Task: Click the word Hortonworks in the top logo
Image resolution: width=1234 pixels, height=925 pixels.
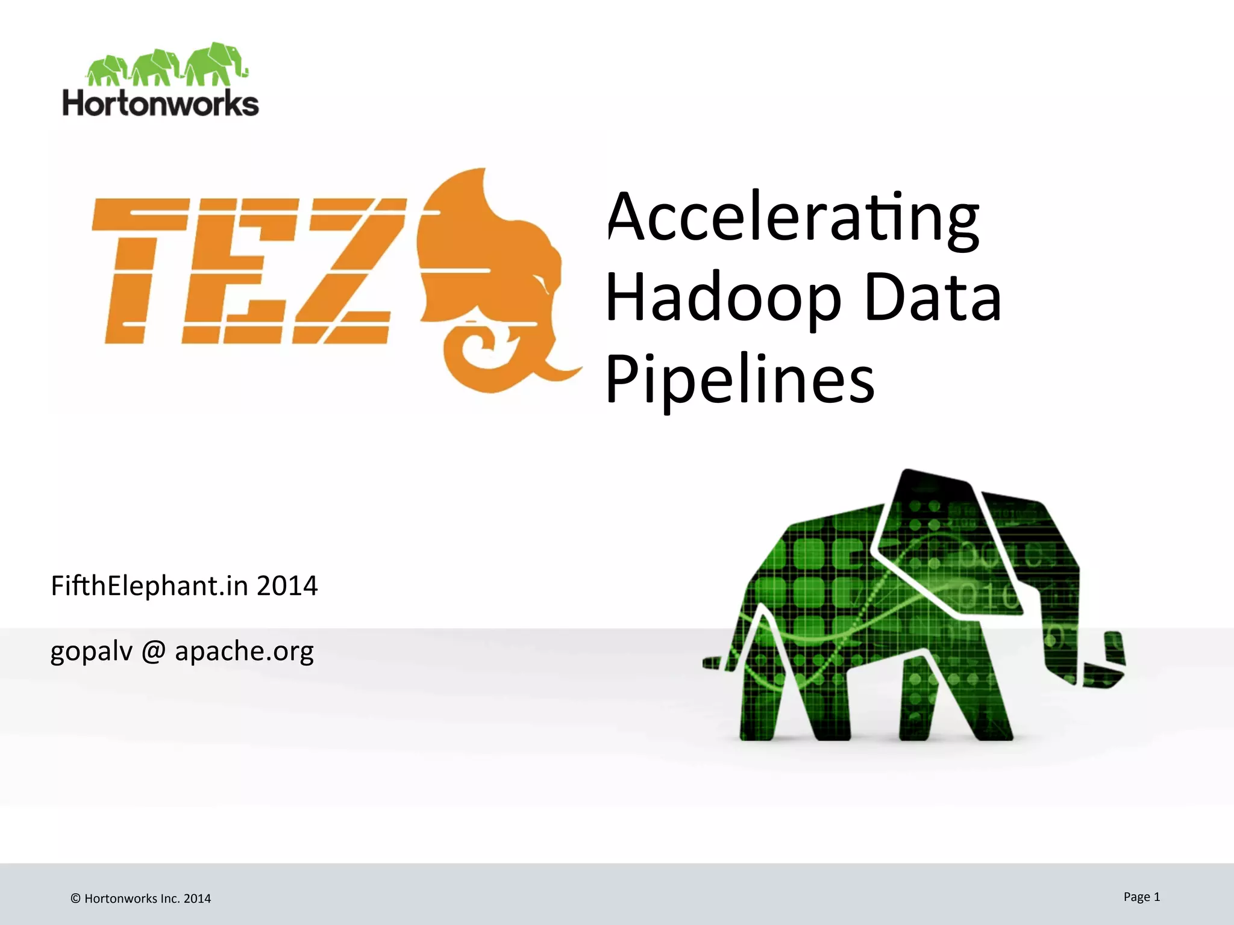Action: point(161,103)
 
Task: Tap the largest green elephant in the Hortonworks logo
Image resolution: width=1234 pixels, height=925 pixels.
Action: point(214,64)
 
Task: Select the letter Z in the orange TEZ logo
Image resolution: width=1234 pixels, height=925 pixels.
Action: point(343,270)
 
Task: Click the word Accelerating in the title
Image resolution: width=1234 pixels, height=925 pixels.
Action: point(793,217)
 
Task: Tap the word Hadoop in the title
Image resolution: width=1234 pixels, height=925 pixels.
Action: point(724,297)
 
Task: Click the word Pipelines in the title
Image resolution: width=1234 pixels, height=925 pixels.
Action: point(740,379)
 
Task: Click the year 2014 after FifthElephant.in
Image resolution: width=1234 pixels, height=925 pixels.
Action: point(287,585)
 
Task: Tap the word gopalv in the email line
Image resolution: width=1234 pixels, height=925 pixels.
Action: point(91,651)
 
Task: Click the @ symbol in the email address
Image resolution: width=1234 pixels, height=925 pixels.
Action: point(154,651)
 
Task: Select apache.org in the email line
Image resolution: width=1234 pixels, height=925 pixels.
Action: point(244,651)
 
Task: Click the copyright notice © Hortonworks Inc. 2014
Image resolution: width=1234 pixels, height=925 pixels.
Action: point(141,899)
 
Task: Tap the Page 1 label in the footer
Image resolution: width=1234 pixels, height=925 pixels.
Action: point(1141,897)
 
